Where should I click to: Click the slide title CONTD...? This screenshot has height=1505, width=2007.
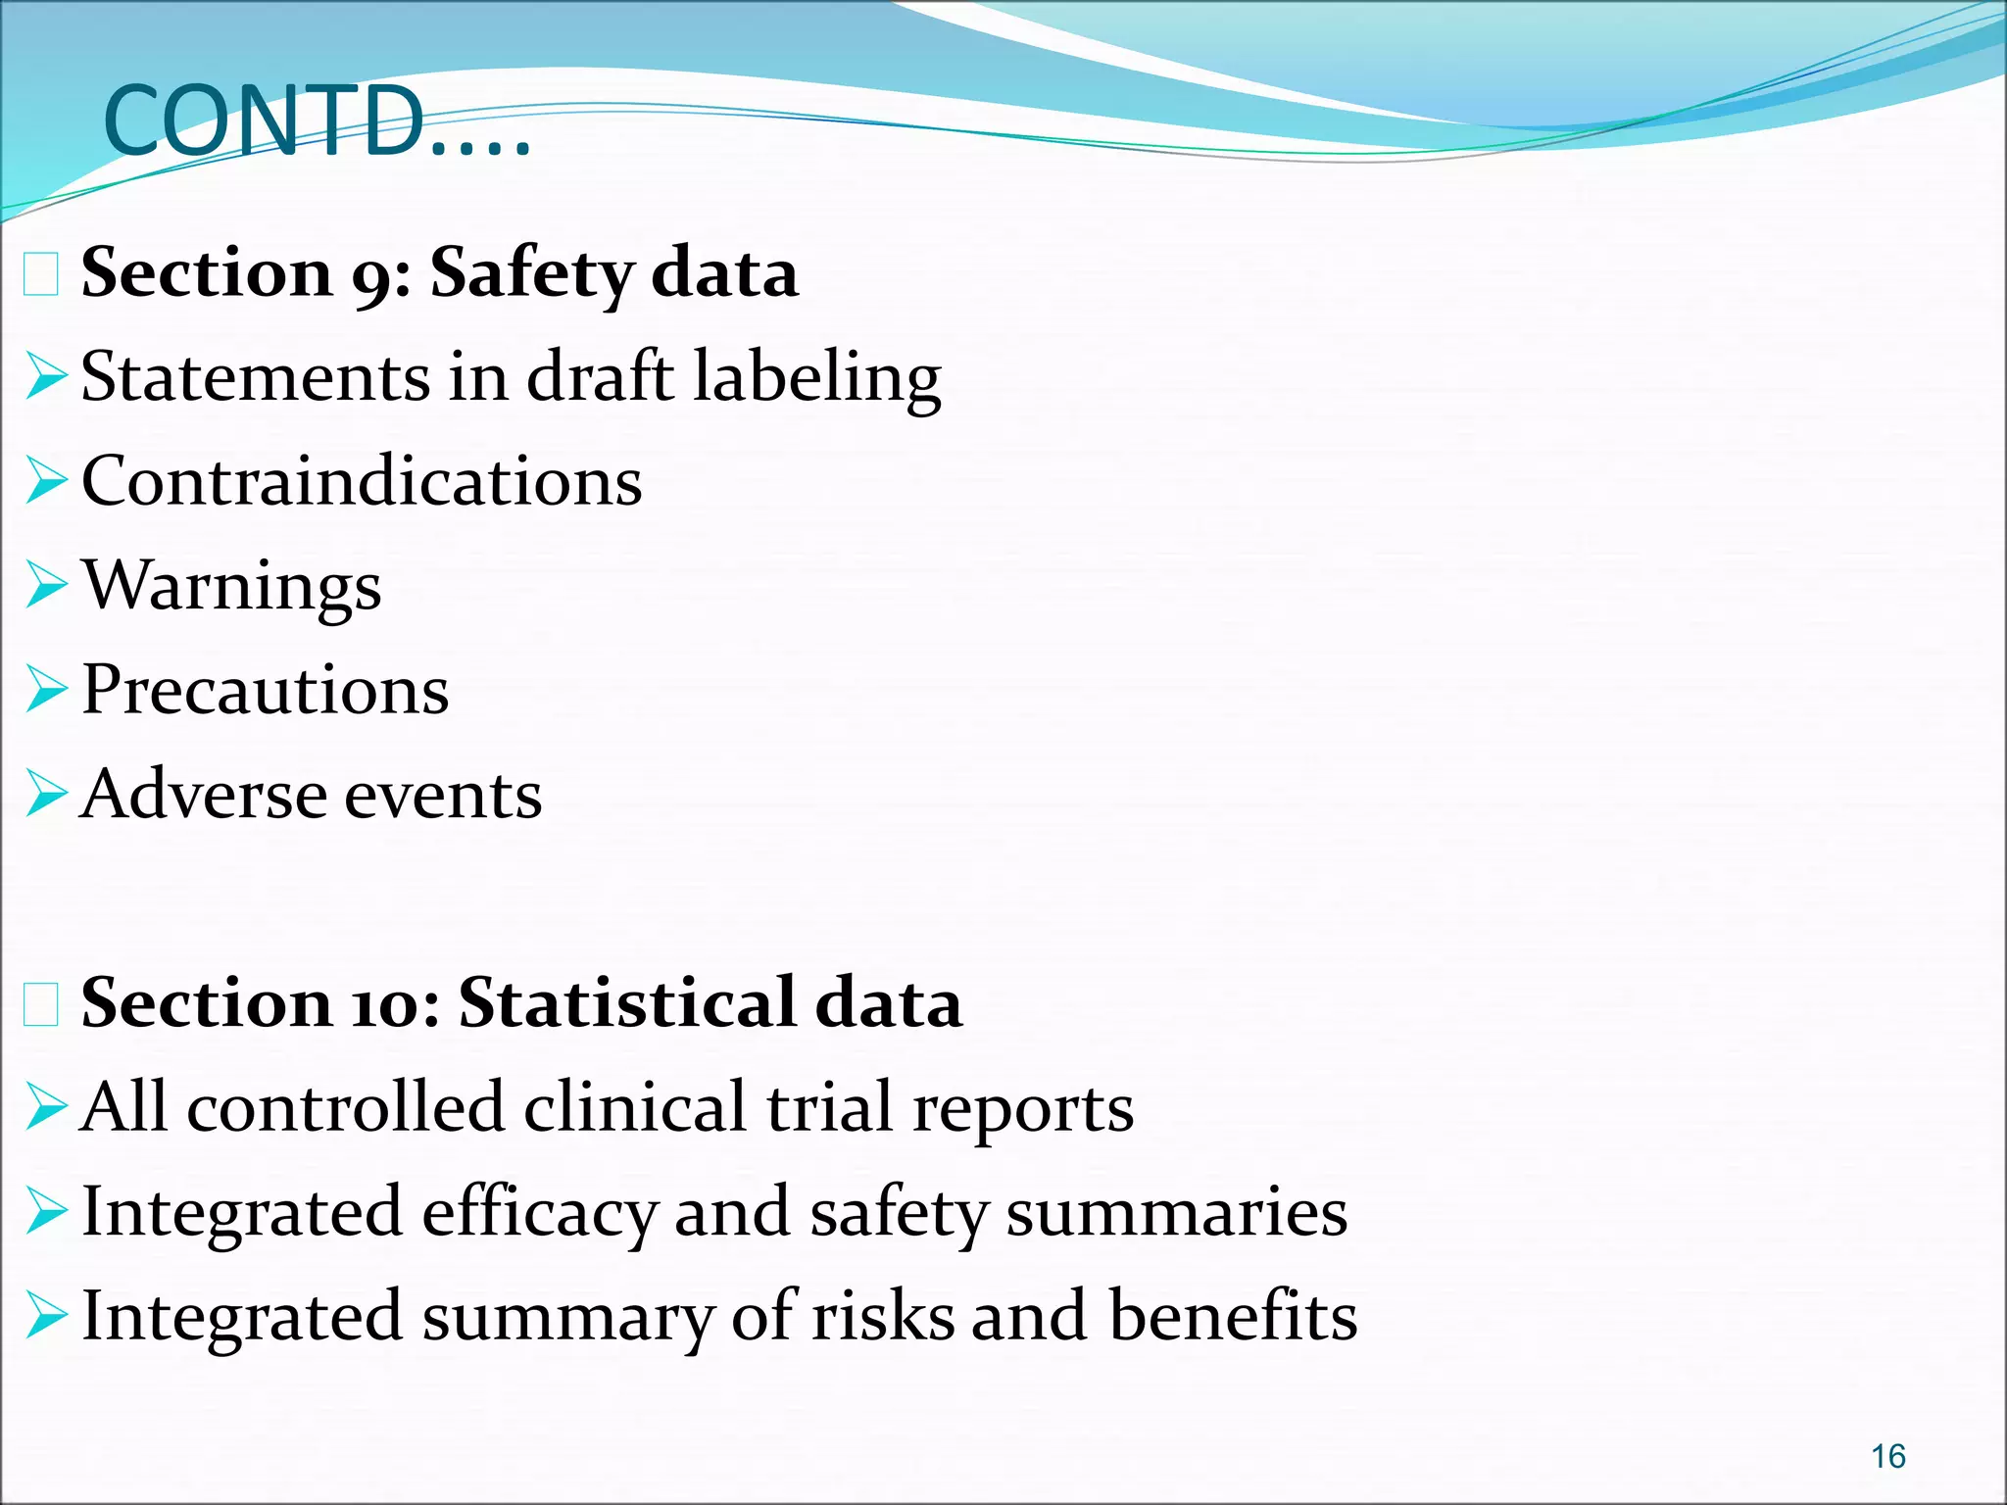point(316,122)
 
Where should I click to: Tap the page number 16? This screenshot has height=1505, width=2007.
point(1887,1456)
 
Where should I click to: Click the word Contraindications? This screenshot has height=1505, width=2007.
point(362,481)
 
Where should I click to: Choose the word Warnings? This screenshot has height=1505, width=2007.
point(231,587)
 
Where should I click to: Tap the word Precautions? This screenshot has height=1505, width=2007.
point(265,690)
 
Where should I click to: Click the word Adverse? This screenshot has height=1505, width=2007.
point(203,795)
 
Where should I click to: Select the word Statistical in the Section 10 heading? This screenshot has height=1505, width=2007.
point(626,1003)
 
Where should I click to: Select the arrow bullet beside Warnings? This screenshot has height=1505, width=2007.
point(46,585)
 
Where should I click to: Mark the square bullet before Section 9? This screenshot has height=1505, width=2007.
point(41,274)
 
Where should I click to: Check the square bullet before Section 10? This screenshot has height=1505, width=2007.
point(41,1005)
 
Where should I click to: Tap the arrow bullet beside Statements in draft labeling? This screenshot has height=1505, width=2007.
point(46,377)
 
